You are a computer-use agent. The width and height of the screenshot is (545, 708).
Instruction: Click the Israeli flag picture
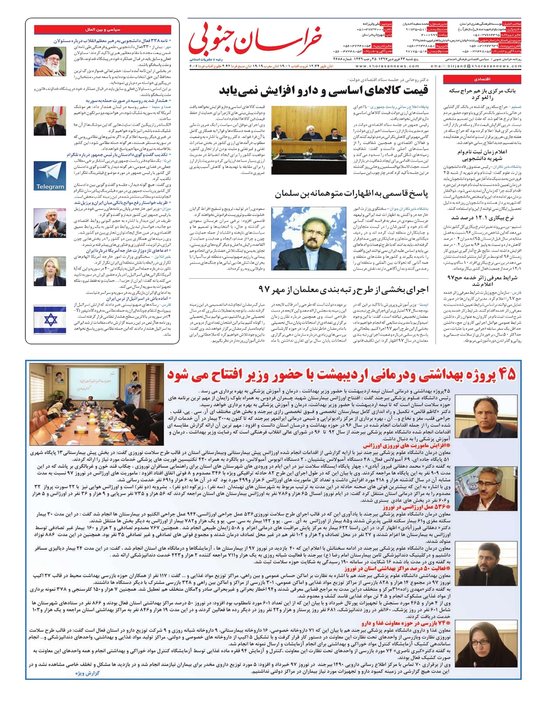[50, 319]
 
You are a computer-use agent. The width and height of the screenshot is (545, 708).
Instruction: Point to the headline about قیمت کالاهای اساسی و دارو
[323, 91]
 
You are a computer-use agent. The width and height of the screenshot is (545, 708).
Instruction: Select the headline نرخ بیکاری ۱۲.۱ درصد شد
[483, 218]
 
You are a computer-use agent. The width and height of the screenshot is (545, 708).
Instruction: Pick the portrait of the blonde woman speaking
[50, 271]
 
